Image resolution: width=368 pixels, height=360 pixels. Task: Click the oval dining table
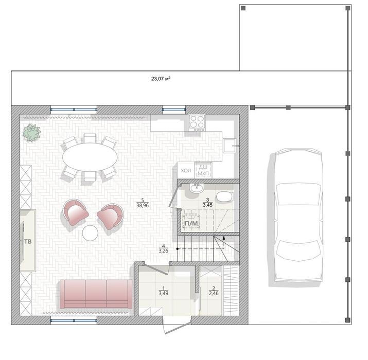click(x=90, y=157)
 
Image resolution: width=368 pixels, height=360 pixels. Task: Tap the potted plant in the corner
click(x=32, y=133)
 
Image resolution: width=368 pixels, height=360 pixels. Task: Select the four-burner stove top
click(x=197, y=123)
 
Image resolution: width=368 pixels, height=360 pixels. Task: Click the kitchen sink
click(x=230, y=146)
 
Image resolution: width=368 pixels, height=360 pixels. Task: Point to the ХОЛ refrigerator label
click(x=186, y=171)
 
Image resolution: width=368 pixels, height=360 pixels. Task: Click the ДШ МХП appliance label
click(x=203, y=170)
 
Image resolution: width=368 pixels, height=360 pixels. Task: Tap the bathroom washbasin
click(x=197, y=188)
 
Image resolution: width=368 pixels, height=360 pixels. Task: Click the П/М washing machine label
click(x=191, y=224)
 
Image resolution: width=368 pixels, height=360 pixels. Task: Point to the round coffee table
click(x=90, y=232)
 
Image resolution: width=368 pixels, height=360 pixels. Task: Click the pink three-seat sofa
click(x=96, y=294)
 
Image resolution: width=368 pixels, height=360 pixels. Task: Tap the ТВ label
click(x=28, y=242)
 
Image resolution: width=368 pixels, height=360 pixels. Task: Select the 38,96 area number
click(x=143, y=205)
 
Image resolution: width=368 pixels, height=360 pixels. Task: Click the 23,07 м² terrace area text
click(x=161, y=79)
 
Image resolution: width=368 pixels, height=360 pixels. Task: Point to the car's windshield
click(x=299, y=194)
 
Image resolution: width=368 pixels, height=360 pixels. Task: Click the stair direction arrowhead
click(x=224, y=238)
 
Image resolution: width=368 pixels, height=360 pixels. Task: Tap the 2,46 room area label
click(x=214, y=293)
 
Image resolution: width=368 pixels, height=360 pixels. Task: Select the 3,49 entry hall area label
click(x=163, y=293)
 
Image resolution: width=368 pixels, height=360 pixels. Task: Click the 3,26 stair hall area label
click(x=163, y=251)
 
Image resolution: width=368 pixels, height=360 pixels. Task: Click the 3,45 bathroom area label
click(x=207, y=205)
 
